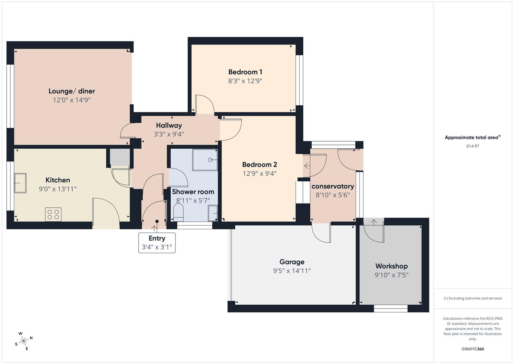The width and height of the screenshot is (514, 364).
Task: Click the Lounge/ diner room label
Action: (72, 91)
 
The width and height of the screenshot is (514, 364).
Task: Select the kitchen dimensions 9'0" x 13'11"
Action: (58, 189)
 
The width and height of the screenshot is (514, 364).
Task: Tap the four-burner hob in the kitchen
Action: (53, 214)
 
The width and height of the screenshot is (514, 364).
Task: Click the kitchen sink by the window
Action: (20, 183)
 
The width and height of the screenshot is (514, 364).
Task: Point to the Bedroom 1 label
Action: (245, 72)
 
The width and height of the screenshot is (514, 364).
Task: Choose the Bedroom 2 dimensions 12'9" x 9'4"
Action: (260, 174)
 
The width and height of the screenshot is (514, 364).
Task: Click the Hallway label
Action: (169, 125)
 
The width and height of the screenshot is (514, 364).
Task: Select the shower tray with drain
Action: (205, 160)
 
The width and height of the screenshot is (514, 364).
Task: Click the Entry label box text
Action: (157, 238)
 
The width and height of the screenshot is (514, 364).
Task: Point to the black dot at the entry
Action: (157, 221)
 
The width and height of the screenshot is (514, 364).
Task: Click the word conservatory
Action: (333, 186)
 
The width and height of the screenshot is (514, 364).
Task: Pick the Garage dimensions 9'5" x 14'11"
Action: (292, 271)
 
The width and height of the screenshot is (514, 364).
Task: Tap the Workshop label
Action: (391, 266)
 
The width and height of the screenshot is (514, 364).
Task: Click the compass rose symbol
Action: (24, 341)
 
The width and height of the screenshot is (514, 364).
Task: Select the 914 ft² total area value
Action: (473, 146)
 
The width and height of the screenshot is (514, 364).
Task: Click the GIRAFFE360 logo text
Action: (473, 349)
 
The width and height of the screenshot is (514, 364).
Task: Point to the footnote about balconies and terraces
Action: (473, 298)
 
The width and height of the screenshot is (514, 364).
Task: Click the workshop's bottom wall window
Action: (391, 308)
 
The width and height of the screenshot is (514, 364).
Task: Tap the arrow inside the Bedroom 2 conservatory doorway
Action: (307, 166)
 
